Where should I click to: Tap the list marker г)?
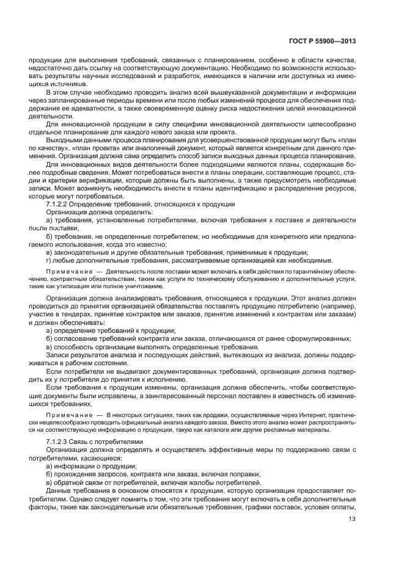coord(50,260)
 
